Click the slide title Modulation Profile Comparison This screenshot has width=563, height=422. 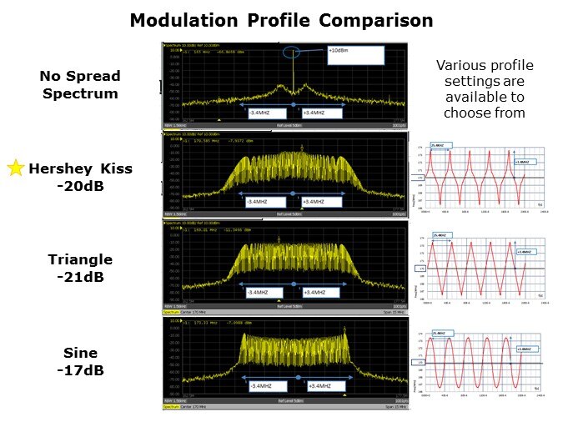(x=281, y=20)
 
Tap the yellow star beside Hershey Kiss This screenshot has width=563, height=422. (x=15, y=168)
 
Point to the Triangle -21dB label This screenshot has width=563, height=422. (x=80, y=268)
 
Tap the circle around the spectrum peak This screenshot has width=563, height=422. (x=294, y=53)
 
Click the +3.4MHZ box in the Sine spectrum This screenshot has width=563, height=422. (x=322, y=385)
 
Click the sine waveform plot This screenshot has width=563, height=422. (x=486, y=360)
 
